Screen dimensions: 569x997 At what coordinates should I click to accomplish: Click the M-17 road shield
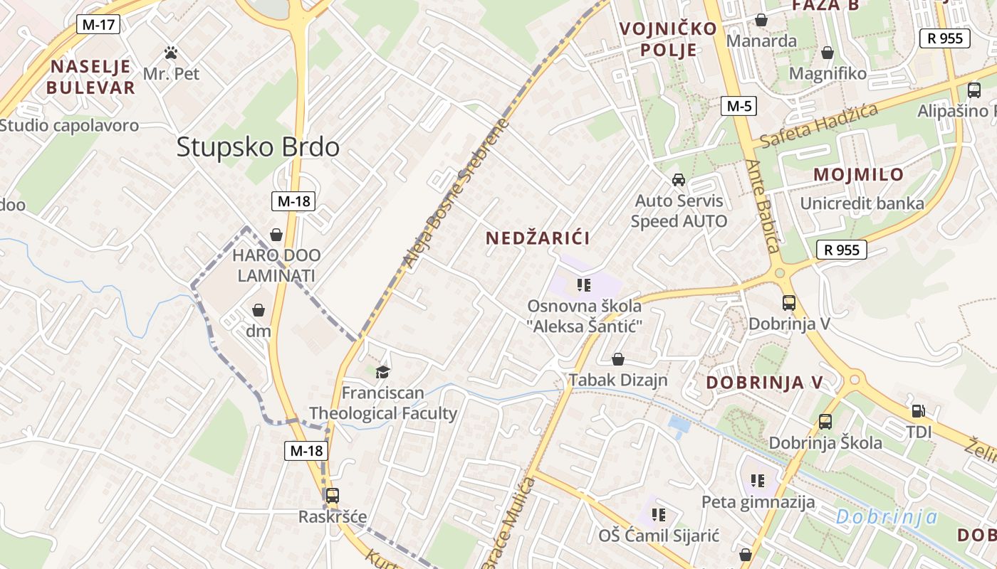[x=98, y=25]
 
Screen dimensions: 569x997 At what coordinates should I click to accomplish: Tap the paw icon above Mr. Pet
[x=171, y=53]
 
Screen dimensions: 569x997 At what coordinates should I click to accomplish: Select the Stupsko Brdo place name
[x=258, y=147]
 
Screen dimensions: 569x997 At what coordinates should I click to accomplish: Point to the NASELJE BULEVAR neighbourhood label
[x=90, y=77]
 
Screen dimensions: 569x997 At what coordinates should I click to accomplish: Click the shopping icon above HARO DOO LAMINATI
[x=276, y=235]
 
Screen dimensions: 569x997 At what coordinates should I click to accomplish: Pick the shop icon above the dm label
[x=259, y=310]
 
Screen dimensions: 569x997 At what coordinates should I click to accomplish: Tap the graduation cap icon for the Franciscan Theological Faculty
[x=383, y=372]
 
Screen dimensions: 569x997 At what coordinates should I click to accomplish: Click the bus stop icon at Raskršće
[x=332, y=496]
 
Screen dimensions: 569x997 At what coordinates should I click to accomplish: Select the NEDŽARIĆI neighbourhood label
[x=538, y=238]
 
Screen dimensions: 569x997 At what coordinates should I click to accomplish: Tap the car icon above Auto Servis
[x=679, y=179]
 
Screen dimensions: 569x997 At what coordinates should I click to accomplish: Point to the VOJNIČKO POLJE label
[x=658, y=39]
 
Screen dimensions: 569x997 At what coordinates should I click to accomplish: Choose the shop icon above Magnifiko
[x=828, y=53]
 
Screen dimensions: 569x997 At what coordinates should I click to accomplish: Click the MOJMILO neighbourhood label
[x=858, y=174]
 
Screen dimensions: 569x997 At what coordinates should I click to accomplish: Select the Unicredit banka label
[x=862, y=203]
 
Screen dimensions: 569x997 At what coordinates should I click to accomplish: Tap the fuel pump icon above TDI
[x=919, y=411]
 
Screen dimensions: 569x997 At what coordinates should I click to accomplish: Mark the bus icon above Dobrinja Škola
[x=825, y=422]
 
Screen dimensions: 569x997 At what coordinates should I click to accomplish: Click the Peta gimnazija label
[x=758, y=502]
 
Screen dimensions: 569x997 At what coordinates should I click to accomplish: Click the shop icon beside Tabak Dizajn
[x=618, y=360]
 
